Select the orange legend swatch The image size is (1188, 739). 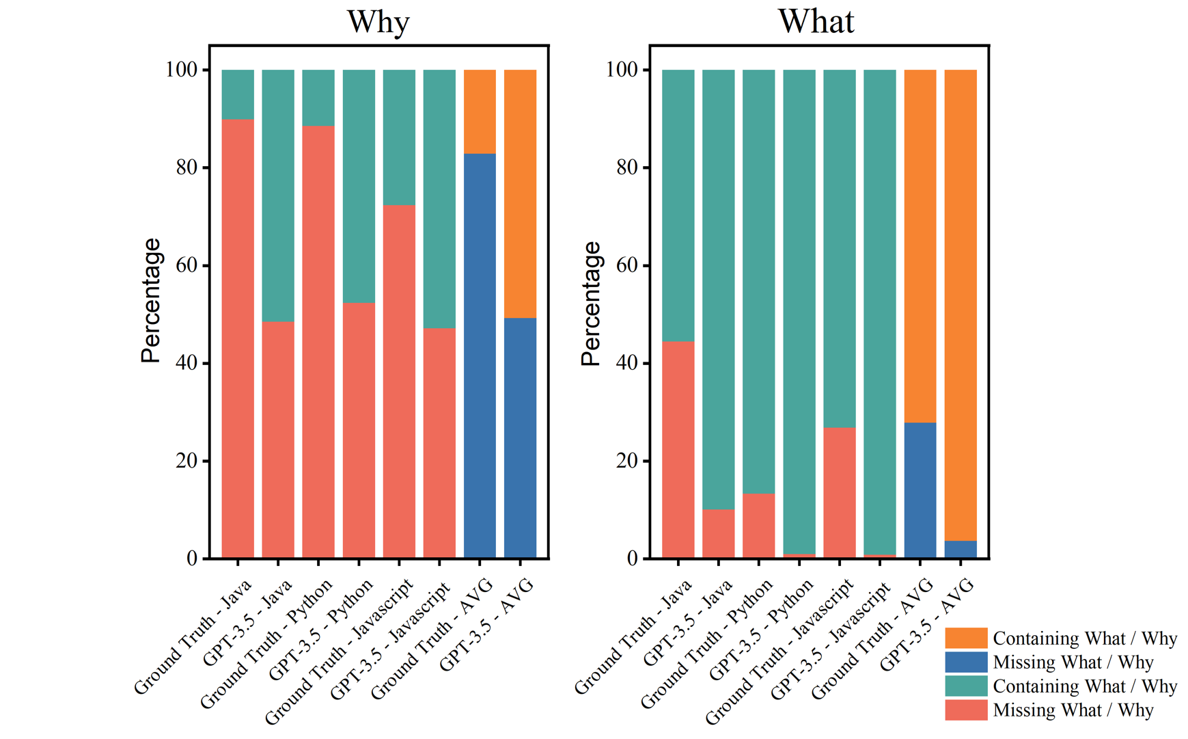pyautogui.click(x=965, y=638)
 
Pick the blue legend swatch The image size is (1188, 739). pyautogui.click(x=965, y=662)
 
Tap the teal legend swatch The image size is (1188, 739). pyautogui.click(x=965, y=686)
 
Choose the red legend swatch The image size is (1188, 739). pyautogui.click(x=965, y=710)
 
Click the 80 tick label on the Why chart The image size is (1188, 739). pyautogui.click(x=187, y=167)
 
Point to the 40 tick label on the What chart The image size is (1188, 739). pyautogui.click(x=627, y=363)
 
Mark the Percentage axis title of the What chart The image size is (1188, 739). pyautogui.click(x=591, y=304)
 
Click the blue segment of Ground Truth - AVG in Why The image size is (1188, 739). pyautogui.click(x=480, y=355)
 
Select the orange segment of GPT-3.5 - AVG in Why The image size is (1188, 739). pyautogui.click(x=520, y=193)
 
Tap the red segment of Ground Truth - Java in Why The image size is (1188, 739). pyautogui.click(x=238, y=338)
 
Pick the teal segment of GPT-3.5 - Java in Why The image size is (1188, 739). pyautogui.click(x=278, y=196)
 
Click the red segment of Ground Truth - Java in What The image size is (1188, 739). pyautogui.click(x=678, y=449)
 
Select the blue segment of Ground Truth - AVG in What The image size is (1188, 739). pyautogui.click(x=920, y=489)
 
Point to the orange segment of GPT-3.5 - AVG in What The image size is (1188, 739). pyautogui.click(x=960, y=305)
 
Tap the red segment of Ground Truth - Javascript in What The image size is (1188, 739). pyautogui.click(x=839, y=492)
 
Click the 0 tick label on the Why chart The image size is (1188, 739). pyautogui.click(x=192, y=559)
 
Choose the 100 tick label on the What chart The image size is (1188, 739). pyautogui.click(x=622, y=70)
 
